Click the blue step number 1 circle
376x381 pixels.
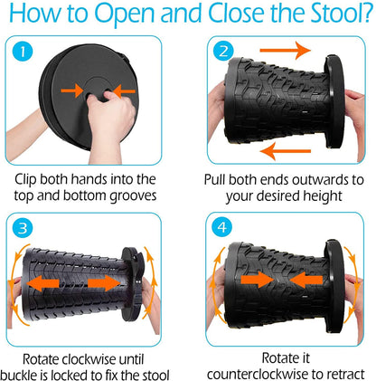click(x=23, y=52)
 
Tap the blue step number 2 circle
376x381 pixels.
click(x=223, y=52)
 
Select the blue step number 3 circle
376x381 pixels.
click(x=23, y=228)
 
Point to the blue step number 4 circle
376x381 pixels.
click(x=222, y=227)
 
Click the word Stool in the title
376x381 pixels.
click(x=337, y=13)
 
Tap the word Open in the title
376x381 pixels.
click(x=125, y=14)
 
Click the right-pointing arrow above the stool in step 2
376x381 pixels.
click(x=285, y=50)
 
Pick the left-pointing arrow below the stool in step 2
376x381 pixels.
click(x=285, y=151)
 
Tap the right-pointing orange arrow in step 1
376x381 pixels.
click(x=72, y=90)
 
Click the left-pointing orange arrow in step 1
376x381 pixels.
click(x=125, y=91)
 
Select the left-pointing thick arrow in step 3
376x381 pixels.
click(x=43, y=283)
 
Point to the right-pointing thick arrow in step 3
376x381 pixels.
click(x=104, y=283)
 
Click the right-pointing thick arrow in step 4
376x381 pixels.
click(x=257, y=280)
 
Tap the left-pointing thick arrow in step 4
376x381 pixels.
click(x=305, y=280)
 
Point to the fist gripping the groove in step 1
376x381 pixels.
click(x=110, y=118)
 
